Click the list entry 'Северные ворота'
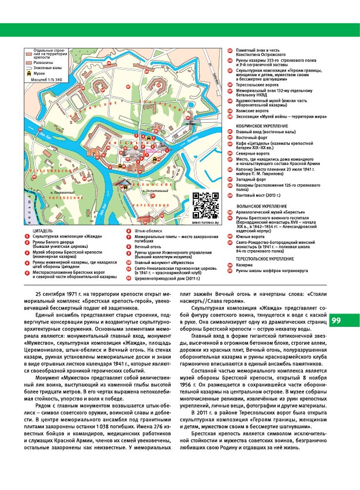coord(253,153)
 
